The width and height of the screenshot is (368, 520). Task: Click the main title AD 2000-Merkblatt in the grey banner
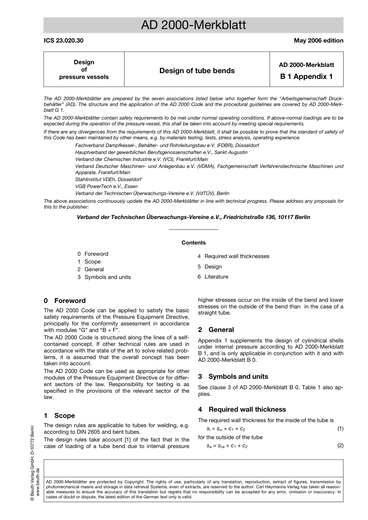point(193,26)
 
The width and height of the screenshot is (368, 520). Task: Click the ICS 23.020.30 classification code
point(64,41)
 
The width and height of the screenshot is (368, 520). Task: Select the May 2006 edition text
point(318,41)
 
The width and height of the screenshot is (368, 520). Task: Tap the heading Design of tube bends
point(197,71)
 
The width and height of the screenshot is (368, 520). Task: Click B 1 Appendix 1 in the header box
point(306,77)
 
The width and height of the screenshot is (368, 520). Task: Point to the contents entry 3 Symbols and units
point(104,277)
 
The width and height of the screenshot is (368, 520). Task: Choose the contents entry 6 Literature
point(213,277)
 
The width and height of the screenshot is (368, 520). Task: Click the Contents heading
point(193,243)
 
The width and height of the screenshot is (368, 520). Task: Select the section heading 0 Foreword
point(65,301)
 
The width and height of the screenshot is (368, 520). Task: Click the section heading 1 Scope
point(59,416)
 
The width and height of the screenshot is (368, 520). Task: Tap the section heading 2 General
point(216,330)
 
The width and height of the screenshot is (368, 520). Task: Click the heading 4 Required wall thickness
point(242,410)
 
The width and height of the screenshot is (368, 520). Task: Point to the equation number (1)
point(340,429)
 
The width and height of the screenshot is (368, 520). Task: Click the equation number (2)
point(340,446)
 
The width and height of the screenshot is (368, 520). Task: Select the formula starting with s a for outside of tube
point(227,446)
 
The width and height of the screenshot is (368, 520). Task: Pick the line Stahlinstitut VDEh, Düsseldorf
point(108,180)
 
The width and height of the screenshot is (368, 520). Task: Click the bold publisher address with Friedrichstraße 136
point(193,217)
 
